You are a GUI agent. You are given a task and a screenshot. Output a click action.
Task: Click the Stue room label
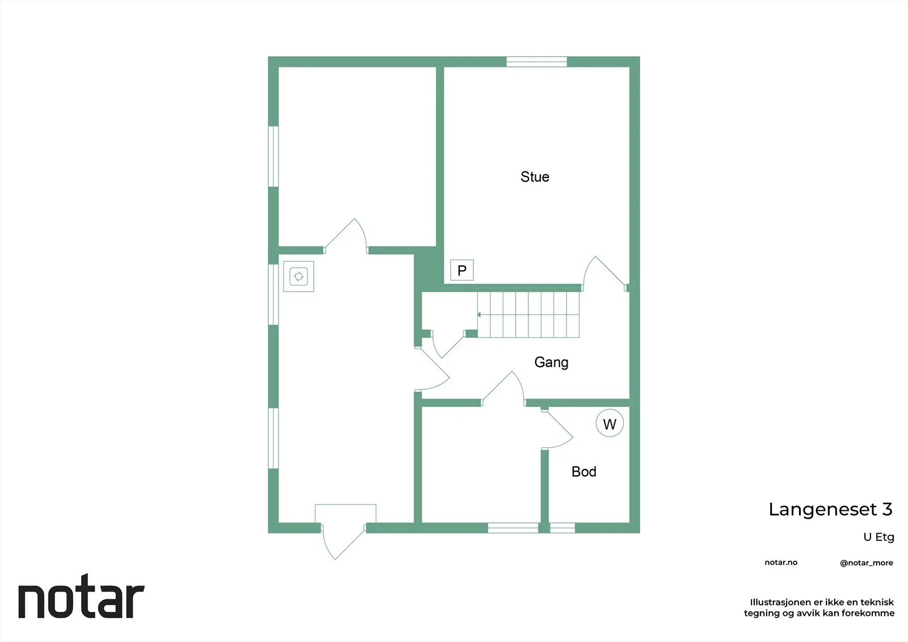[x=535, y=177]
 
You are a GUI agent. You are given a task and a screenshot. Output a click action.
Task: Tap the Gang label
[x=551, y=362]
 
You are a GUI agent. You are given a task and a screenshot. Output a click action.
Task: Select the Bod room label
[x=584, y=472]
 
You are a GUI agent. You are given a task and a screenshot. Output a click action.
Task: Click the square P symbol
[x=462, y=270]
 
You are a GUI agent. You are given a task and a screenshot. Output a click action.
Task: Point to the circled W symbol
[x=609, y=423]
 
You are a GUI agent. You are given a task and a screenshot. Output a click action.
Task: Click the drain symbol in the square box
[x=299, y=276]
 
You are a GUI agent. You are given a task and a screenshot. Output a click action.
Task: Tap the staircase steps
[x=528, y=314]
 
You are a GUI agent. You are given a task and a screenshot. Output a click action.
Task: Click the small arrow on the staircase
[x=479, y=314]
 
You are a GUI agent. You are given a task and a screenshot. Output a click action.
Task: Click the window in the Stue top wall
[x=536, y=62]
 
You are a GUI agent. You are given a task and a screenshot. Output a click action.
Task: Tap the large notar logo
[x=82, y=596]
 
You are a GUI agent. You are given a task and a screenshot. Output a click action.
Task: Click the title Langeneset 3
[x=830, y=509]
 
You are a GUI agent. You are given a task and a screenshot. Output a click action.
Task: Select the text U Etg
[x=878, y=537]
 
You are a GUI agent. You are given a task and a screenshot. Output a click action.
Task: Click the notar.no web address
[x=781, y=563]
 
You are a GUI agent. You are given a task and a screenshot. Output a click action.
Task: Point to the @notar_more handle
[x=866, y=563]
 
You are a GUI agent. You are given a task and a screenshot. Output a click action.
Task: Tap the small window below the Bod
[x=562, y=528]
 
